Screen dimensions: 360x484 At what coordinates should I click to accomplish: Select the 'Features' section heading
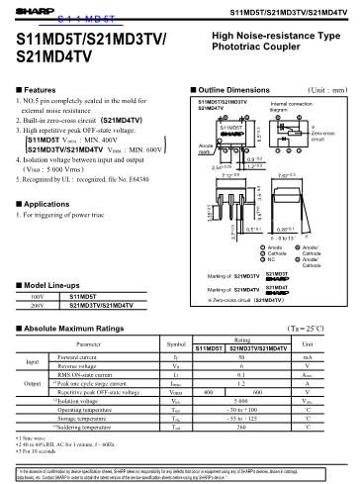[38, 89]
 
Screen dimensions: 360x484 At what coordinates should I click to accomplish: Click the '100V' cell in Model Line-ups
[40, 296]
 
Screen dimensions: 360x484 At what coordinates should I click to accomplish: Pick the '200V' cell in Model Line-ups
[40, 306]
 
